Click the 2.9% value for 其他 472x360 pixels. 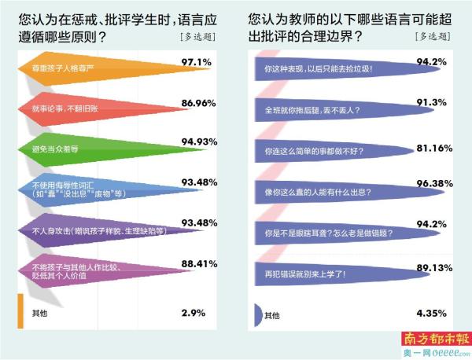click(193, 312)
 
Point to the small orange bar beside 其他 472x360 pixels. click(20, 312)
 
